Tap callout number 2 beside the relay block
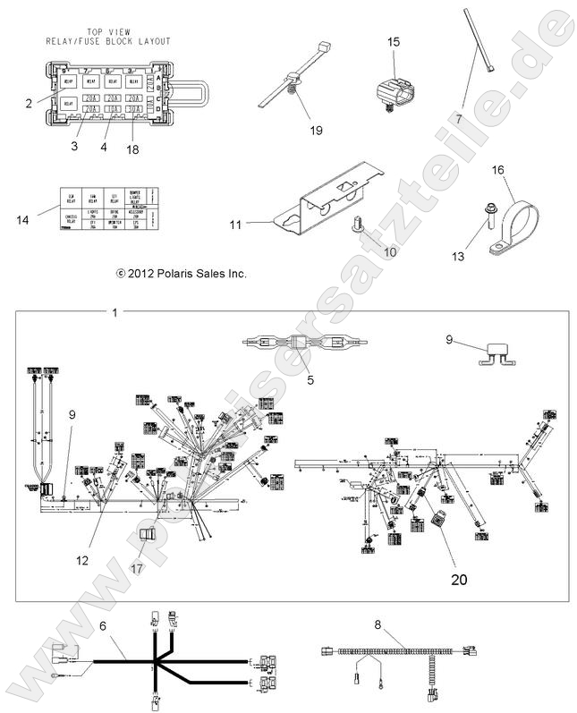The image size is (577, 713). click(29, 104)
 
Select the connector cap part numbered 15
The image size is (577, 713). click(395, 90)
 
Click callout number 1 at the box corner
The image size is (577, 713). click(114, 311)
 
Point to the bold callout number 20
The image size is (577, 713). click(436, 578)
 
